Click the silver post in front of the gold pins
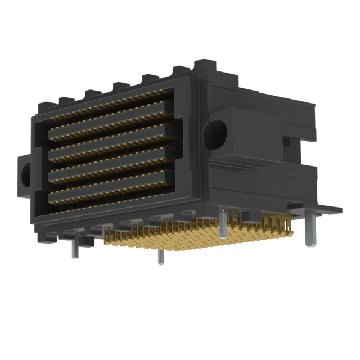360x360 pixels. click(x=161, y=255)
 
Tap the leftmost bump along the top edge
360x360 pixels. click(x=44, y=105)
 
